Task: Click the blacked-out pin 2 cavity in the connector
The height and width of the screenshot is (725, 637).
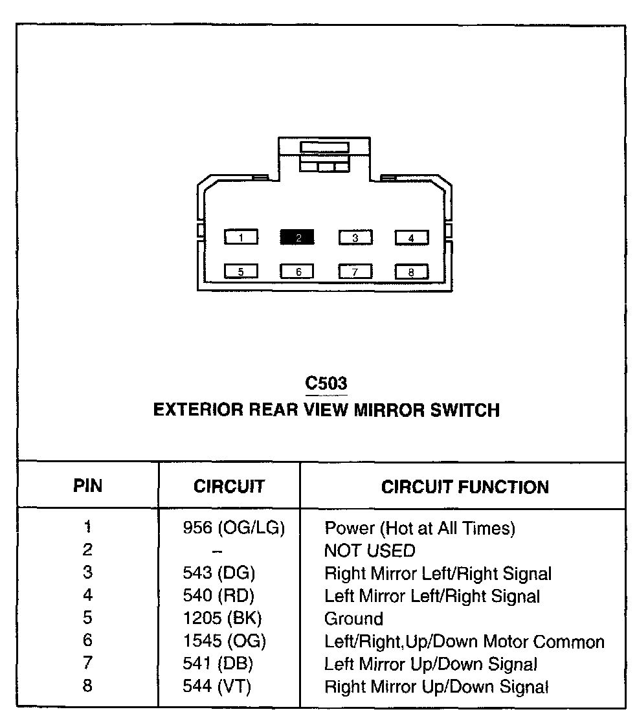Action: (297, 238)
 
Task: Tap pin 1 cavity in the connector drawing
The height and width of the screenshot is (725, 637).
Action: (241, 238)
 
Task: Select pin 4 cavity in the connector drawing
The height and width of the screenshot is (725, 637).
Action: (411, 238)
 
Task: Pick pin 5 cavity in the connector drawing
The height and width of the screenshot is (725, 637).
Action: (241, 272)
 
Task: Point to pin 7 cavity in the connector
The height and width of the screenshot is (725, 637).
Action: (355, 272)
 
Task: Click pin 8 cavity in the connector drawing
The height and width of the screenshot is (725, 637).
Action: (411, 272)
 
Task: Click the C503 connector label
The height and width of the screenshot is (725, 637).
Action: (326, 383)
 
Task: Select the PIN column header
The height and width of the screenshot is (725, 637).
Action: (88, 486)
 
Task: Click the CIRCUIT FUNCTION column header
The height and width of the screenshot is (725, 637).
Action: (465, 487)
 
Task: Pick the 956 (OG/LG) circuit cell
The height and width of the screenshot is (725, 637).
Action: (234, 528)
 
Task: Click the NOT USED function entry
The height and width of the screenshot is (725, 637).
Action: (369, 551)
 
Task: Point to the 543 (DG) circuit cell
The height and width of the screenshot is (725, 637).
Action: (219, 574)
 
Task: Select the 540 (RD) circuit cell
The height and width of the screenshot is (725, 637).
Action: (218, 596)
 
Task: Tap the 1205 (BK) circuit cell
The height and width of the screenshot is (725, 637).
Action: (222, 618)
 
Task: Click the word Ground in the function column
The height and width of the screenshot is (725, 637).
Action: (353, 619)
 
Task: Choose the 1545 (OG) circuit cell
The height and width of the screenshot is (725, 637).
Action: (224, 641)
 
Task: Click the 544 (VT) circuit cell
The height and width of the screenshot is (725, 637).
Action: (217, 686)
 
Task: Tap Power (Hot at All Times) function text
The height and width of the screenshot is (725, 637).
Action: (419, 528)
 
